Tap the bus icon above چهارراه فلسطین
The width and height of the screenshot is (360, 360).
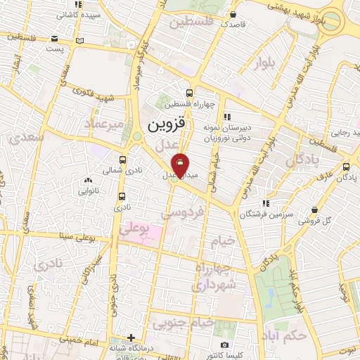[x=189, y=94]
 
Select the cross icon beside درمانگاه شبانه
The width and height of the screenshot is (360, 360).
[x=131, y=337]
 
